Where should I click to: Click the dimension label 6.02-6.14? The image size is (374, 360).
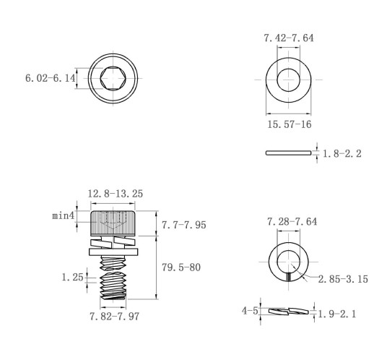click(51, 78)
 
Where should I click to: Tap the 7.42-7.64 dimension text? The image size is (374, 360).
click(289, 38)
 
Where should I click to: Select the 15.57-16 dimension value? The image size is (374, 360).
click(290, 124)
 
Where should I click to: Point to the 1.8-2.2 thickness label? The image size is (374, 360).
click(342, 153)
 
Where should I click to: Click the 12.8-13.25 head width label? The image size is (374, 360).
click(115, 194)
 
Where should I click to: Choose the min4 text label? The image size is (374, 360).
click(64, 215)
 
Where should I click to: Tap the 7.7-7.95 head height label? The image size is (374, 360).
click(184, 225)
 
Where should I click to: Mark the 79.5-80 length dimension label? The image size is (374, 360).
click(181, 267)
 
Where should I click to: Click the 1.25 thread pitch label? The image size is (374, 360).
click(73, 277)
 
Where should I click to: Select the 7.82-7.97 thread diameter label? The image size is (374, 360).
click(114, 317)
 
